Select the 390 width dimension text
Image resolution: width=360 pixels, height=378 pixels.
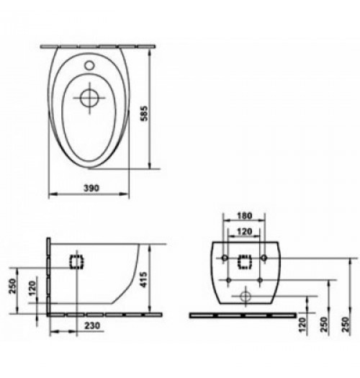(90, 186)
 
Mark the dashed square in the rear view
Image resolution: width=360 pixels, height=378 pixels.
(246, 263)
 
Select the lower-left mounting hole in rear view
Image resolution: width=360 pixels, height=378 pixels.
(226, 278)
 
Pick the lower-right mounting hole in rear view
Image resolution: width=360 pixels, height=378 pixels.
(264, 278)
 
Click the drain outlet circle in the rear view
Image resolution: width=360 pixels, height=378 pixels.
(246, 295)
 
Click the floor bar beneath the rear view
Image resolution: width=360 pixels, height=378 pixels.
(240, 315)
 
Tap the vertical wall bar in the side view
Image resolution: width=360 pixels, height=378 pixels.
(48, 277)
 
